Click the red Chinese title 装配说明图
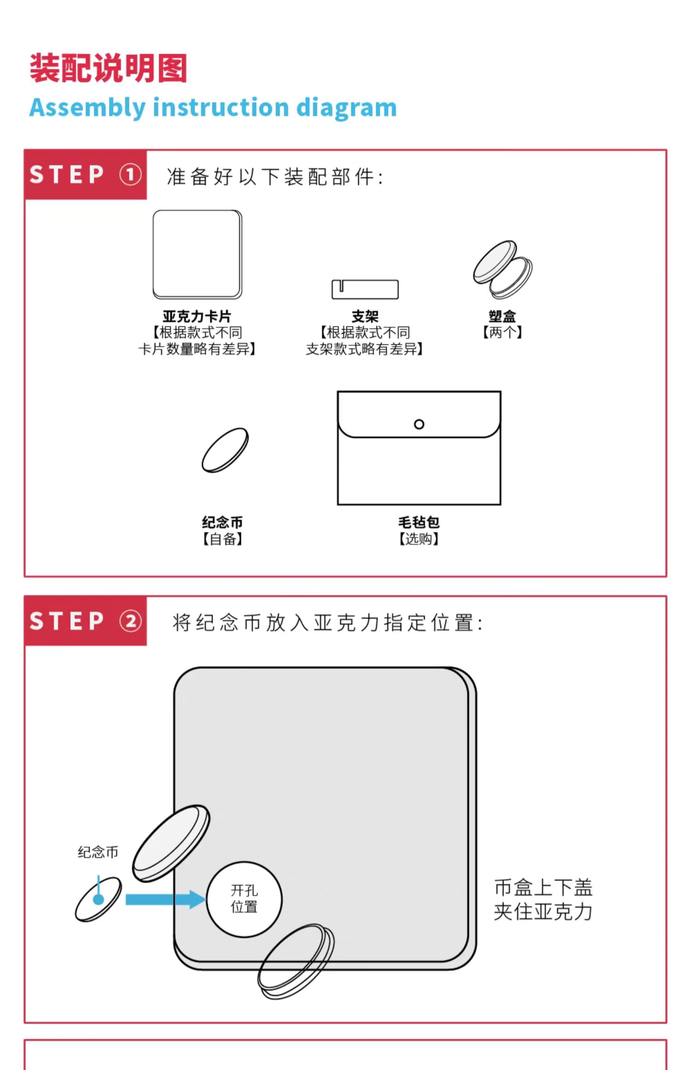click(x=108, y=68)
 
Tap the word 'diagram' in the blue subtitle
click(x=346, y=108)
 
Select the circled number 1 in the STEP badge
click(x=130, y=175)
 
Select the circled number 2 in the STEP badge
click(x=130, y=621)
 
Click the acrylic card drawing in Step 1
click(x=198, y=254)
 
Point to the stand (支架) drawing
click(x=365, y=289)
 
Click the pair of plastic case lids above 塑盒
click(x=503, y=270)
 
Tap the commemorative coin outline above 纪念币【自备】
click(x=225, y=450)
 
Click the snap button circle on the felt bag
click(x=419, y=424)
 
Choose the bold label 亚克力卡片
click(x=197, y=317)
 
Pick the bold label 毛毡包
click(x=419, y=522)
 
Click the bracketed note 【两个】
click(x=502, y=332)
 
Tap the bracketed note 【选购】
click(x=419, y=539)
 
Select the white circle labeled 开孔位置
click(x=244, y=899)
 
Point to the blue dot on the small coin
click(x=98, y=899)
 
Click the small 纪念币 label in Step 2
click(x=98, y=852)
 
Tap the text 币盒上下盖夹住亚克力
click(x=543, y=900)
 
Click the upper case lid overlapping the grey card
click(x=171, y=843)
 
